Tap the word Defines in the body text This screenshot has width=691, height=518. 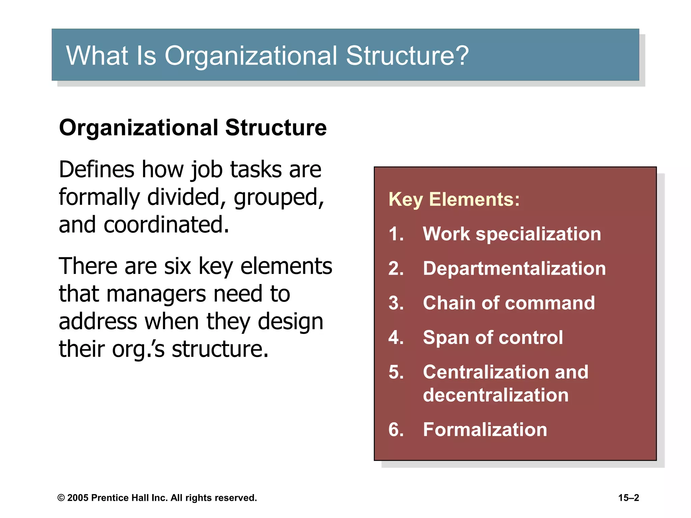click(x=96, y=169)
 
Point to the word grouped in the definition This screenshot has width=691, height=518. click(x=279, y=198)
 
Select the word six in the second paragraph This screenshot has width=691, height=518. click(x=177, y=266)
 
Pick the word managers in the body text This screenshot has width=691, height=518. click(x=156, y=294)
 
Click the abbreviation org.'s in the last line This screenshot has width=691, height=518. click(x=138, y=349)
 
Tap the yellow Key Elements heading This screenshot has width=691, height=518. click(x=454, y=199)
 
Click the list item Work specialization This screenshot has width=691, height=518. click(x=512, y=234)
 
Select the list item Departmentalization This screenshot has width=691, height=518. click(x=514, y=268)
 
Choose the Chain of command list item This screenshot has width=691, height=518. click(x=508, y=303)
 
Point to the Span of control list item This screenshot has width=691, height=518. click(x=493, y=337)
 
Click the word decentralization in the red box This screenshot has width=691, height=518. click(x=495, y=395)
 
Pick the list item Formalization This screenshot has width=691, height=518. click(x=485, y=430)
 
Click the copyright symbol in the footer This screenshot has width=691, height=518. click(x=61, y=498)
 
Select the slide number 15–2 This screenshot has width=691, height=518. click(x=628, y=498)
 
